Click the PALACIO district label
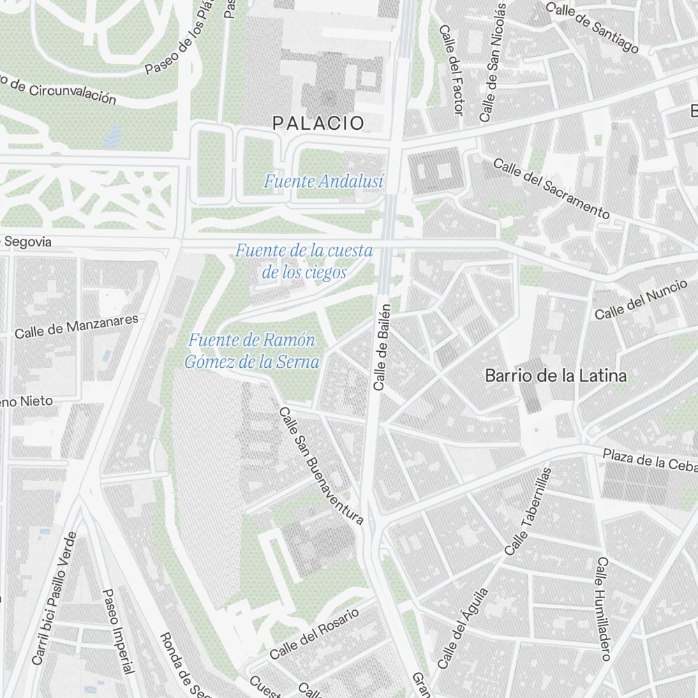click(x=318, y=124)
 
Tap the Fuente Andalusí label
click(x=324, y=182)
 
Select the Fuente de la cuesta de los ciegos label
click(x=304, y=261)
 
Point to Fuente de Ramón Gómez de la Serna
click(x=252, y=351)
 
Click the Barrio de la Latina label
click(x=556, y=376)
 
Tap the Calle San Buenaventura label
click(x=320, y=466)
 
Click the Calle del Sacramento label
click(x=551, y=188)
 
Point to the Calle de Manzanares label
click(x=77, y=326)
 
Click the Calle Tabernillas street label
click(x=528, y=512)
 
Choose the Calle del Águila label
click(x=463, y=628)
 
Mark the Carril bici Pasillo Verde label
click(x=54, y=597)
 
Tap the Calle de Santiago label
click(x=592, y=27)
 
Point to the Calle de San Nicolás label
click(x=493, y=62)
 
